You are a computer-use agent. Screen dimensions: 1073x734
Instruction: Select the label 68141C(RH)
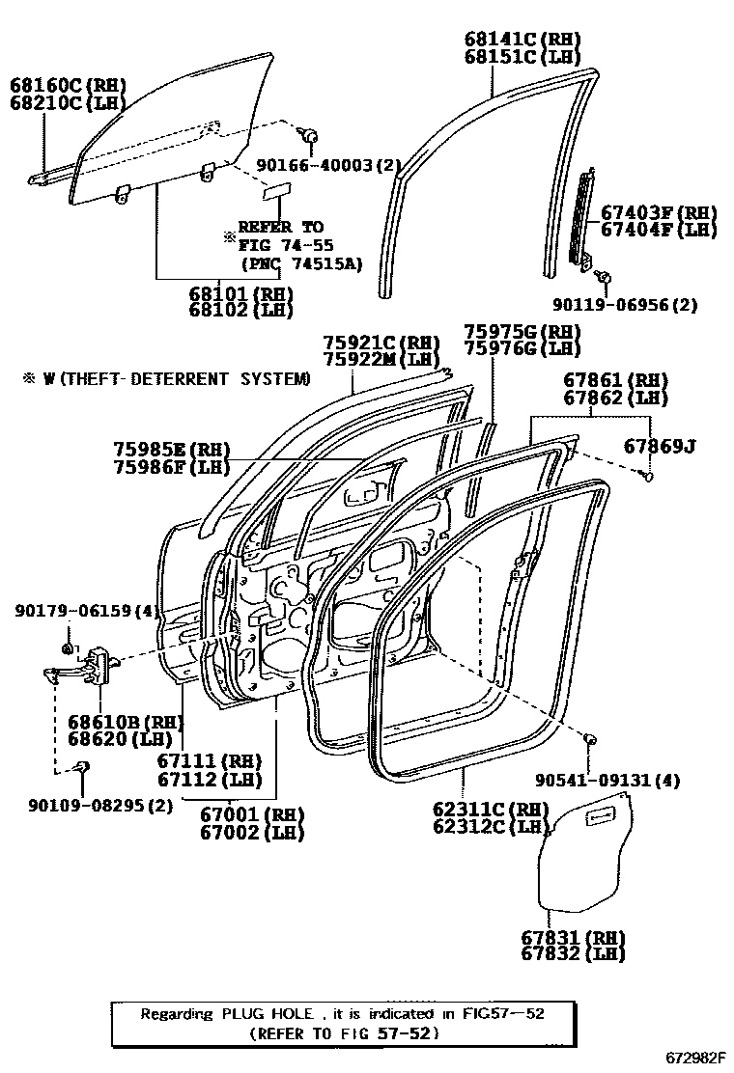coord(522,40)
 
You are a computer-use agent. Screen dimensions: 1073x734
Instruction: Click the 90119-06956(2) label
coord(624,305)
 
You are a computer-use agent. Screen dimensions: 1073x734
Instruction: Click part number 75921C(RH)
coord(381,343)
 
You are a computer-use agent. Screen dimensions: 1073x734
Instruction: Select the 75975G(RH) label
coord(522,331)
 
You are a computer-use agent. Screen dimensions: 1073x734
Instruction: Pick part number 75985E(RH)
coord(170,450)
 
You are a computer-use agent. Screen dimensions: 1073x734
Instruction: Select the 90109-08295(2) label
coord(89,803)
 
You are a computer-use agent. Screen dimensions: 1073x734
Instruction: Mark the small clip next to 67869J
coord(648,475)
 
